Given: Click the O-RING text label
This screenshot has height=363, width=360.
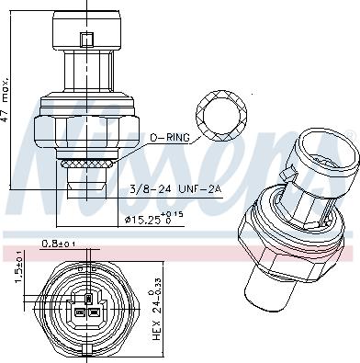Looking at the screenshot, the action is (169, 138).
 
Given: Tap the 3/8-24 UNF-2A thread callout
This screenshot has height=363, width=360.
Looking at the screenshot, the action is (175, 189).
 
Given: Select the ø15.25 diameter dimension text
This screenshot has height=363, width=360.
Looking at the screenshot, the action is (154, 219).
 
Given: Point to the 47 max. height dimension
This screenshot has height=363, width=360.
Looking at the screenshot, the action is (6, 98).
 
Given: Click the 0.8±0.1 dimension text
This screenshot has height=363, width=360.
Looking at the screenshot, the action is (59, 244).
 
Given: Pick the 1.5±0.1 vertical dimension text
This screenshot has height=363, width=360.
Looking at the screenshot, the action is (18, 267).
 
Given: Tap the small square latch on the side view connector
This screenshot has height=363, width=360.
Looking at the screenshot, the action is (87, 40).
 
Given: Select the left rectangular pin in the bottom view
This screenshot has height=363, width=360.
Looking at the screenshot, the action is (80, 313).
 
